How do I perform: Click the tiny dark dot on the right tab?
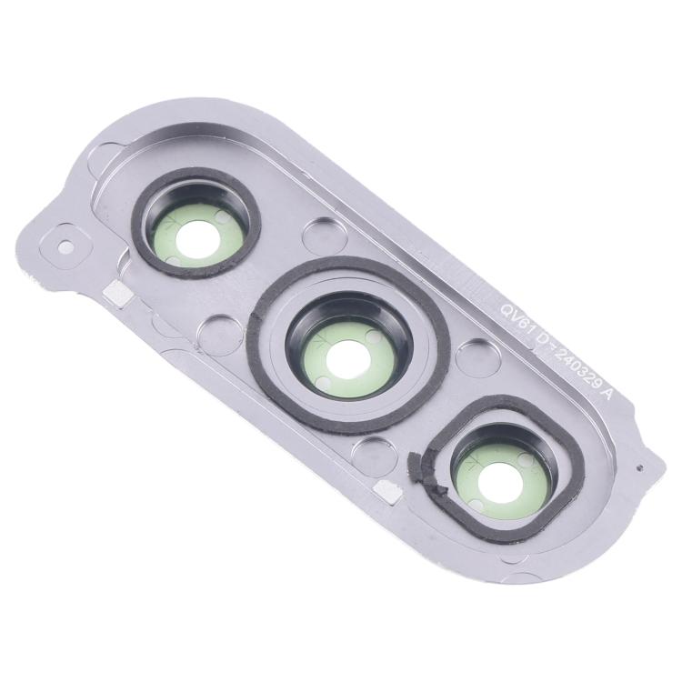point(641,469)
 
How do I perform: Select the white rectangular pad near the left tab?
point(115,292)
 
